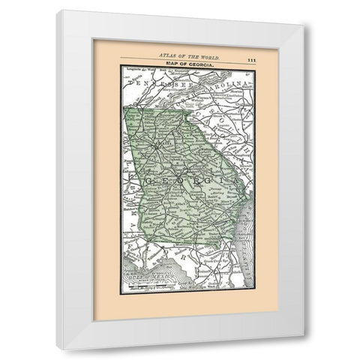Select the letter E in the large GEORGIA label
tap(158, 181)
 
